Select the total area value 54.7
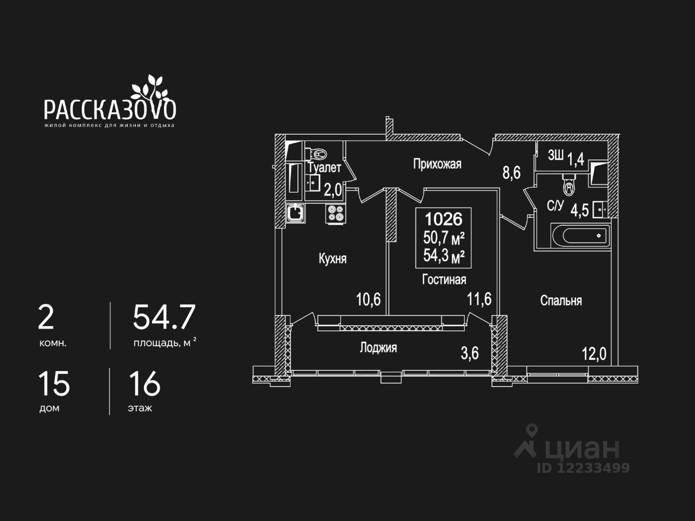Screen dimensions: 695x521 (164, 317)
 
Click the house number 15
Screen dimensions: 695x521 (54, 384)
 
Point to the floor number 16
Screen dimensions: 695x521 (144, 384)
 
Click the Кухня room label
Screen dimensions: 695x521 (332, 259)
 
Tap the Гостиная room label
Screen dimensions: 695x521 (444, 279)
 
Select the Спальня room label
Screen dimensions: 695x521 (561, 301)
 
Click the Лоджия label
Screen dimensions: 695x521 (378, 348)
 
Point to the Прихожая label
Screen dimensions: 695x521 (437, 164)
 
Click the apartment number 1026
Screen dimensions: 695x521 (444, 219)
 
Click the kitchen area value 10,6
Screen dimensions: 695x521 (368, 299)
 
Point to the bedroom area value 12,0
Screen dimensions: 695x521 (593, 354)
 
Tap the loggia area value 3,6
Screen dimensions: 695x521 (470, 353)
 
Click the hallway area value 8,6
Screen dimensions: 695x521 (511, 173)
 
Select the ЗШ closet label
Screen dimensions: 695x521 (555, 156)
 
